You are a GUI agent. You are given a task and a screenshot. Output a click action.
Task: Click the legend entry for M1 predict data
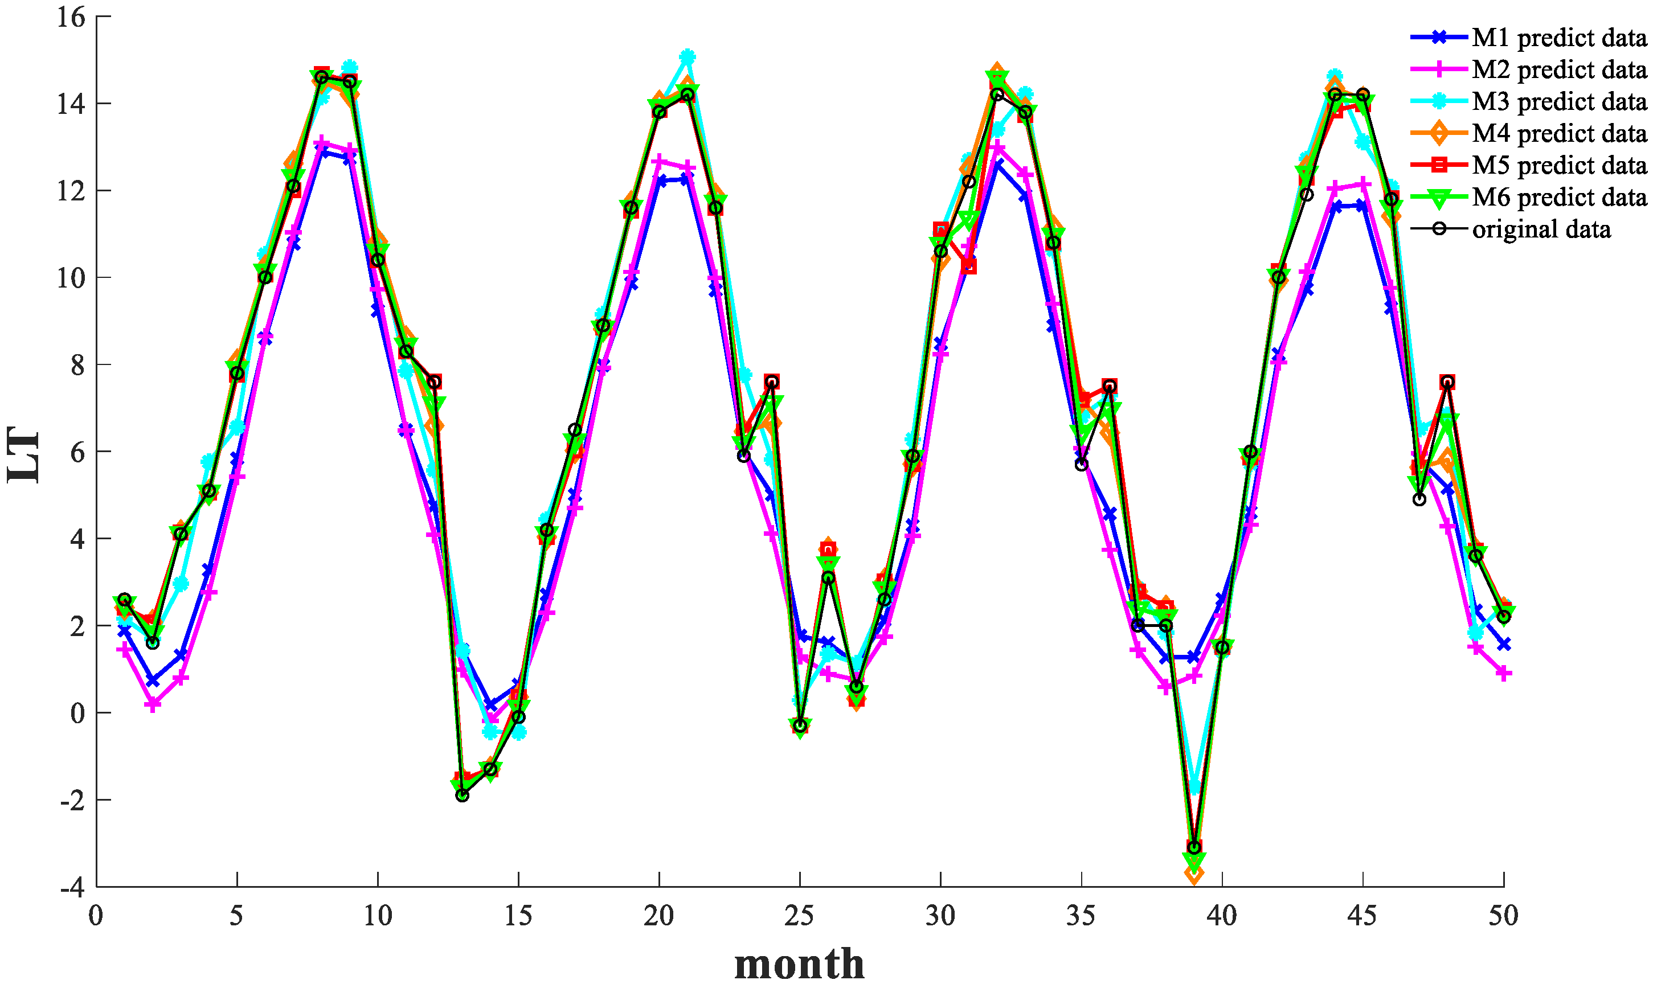1558,38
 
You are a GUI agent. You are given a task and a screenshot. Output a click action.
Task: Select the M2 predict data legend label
1558,69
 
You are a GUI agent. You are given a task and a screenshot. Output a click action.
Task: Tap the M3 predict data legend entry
1558,101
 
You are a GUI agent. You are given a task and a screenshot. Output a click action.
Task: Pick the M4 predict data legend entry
1558,133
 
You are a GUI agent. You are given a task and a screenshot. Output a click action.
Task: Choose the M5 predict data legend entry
1558,165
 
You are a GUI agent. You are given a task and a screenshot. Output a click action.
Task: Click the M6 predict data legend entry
1558,197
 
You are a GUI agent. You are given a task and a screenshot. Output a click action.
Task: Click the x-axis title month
799,963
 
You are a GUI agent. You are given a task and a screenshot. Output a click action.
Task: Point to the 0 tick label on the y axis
78,713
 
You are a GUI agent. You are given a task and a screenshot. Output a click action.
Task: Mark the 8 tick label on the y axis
78,364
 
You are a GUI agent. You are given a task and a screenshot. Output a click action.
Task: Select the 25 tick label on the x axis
799,916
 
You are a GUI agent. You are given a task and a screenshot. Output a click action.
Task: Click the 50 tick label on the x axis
1503,916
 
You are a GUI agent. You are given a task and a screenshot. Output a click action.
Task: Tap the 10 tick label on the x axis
377,916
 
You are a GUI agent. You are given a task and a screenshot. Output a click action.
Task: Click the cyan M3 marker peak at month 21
688,57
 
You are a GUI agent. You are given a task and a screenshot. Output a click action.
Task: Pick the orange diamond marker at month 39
1194,875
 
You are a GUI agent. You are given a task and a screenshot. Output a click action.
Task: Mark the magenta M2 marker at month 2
153,705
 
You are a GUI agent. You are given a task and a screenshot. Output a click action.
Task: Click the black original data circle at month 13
462,796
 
